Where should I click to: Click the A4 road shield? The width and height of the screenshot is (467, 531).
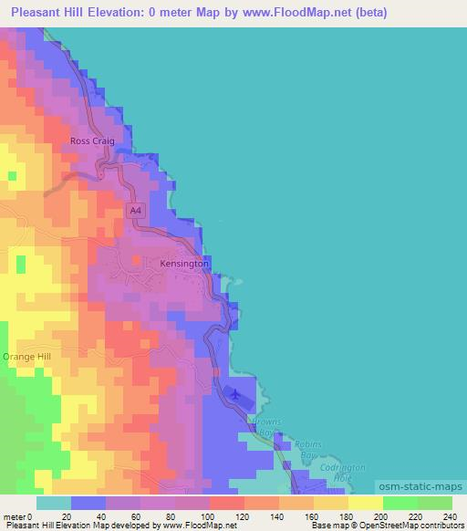(x=135, y=211)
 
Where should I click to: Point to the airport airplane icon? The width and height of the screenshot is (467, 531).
(x=236, y=394)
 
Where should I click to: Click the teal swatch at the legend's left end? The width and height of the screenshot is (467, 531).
(x=54, y=503)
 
